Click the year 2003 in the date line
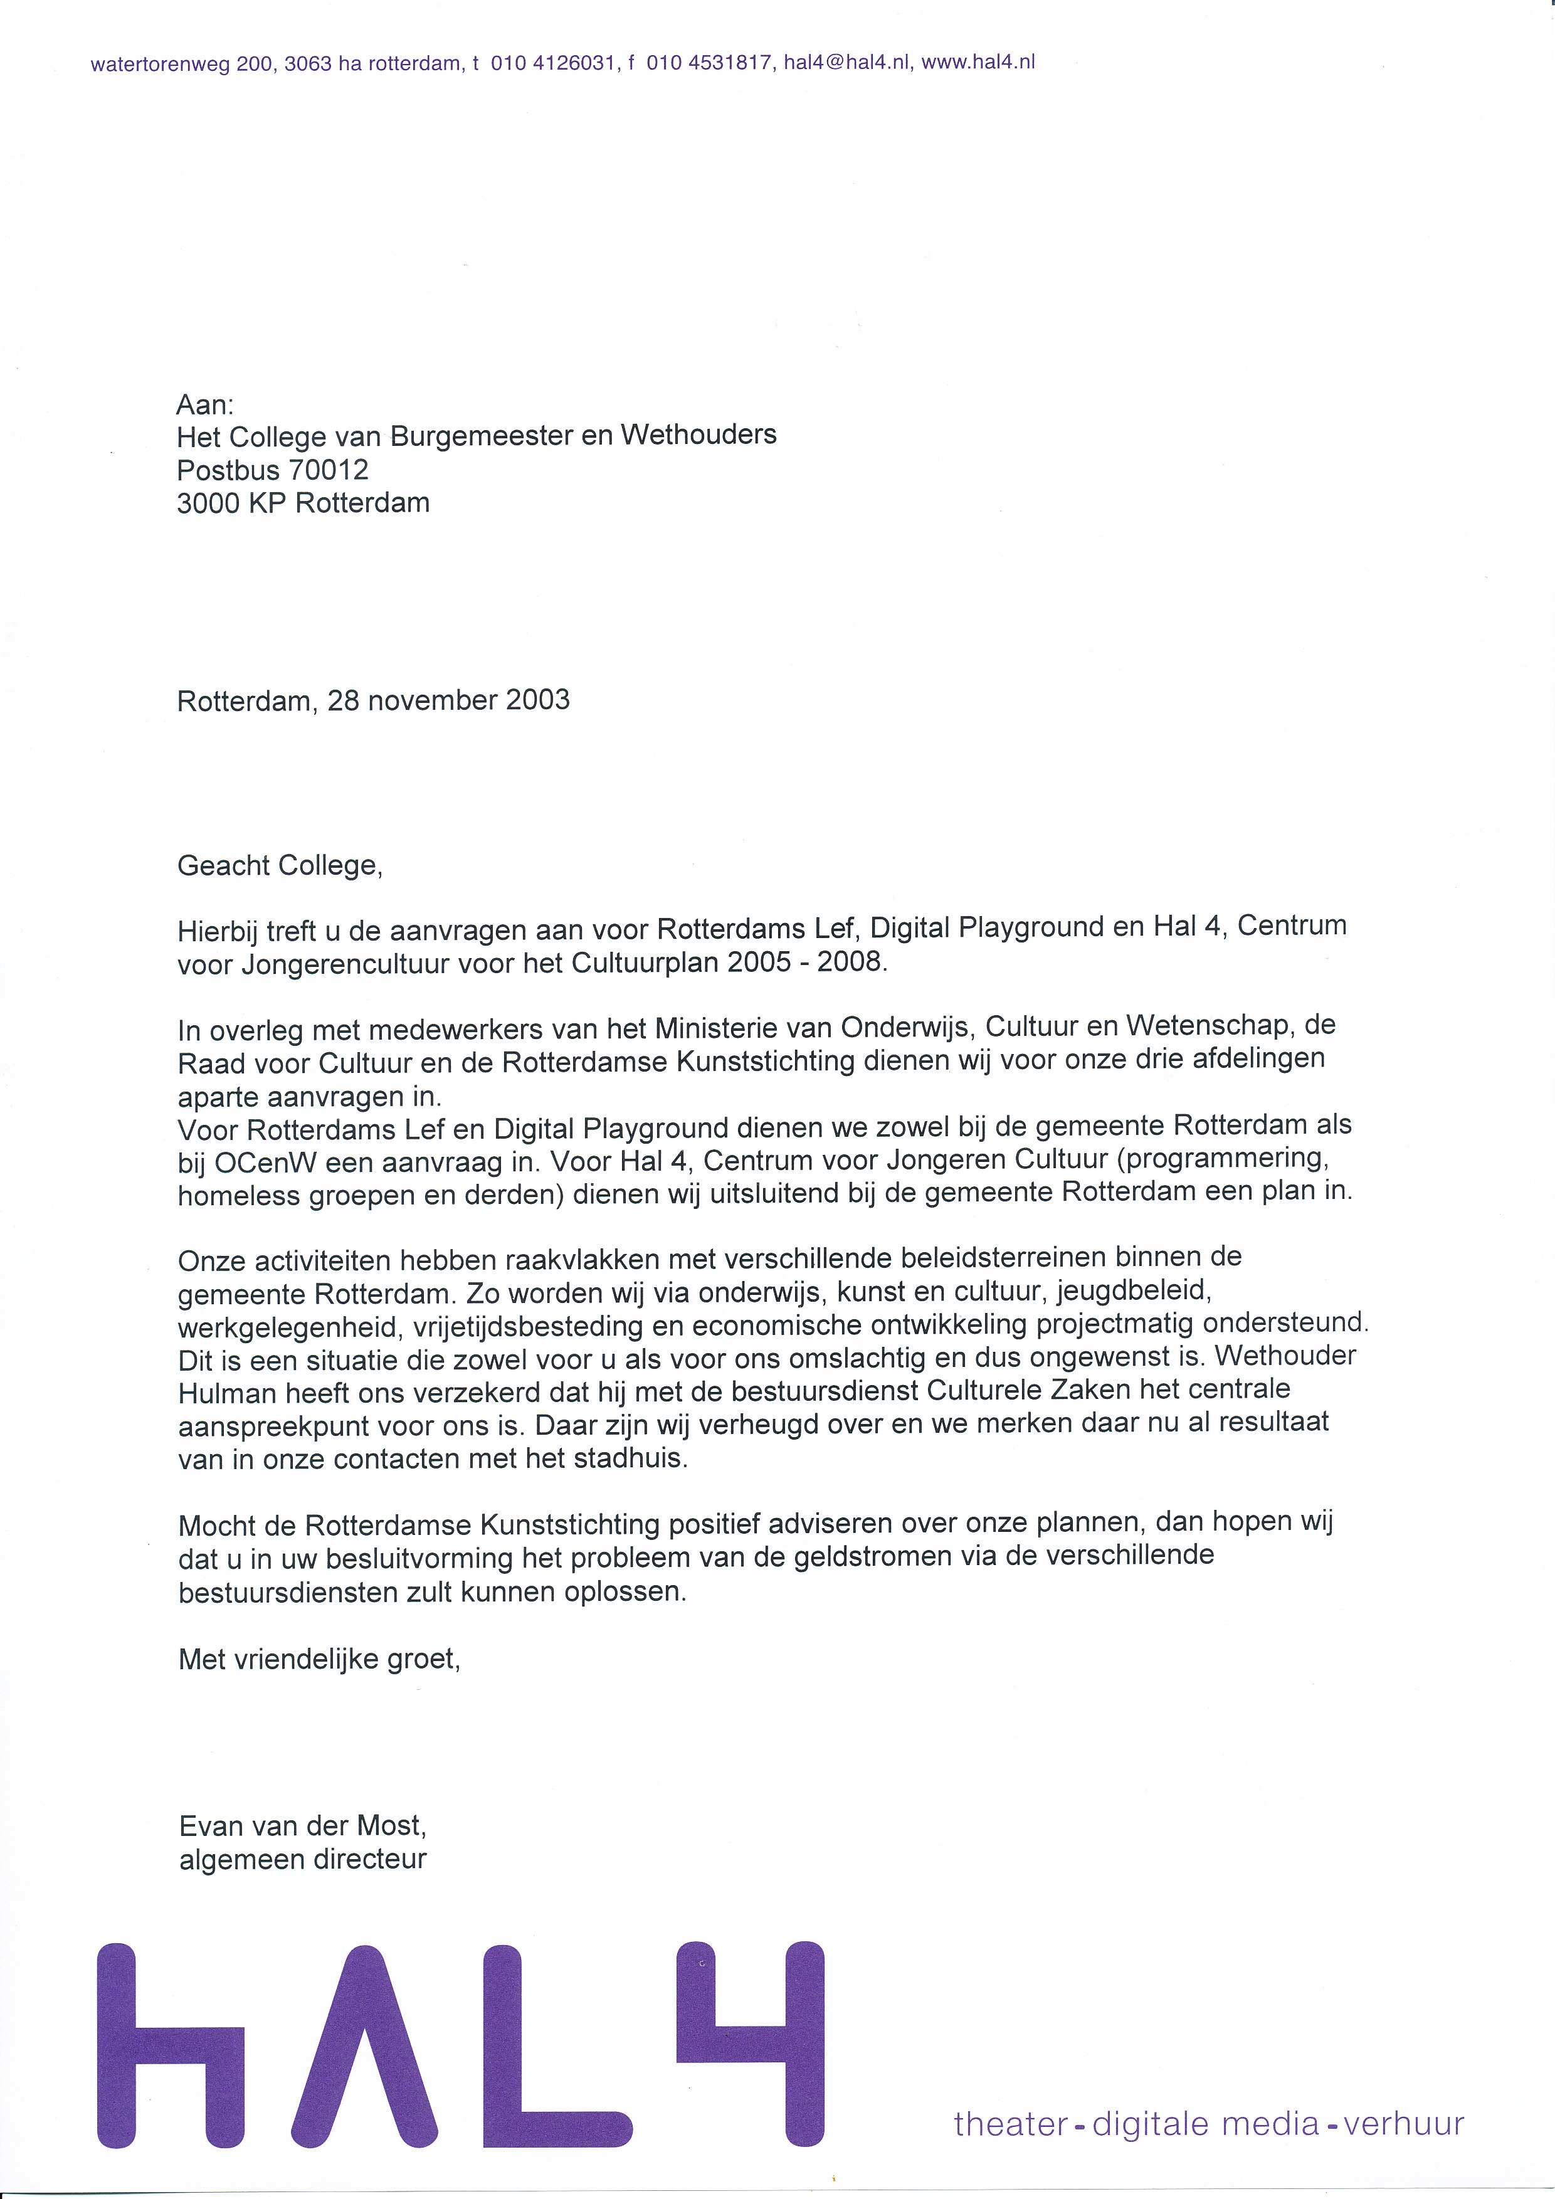point(538,700)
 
